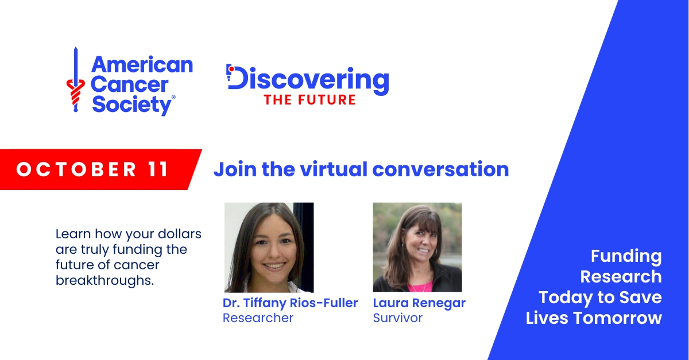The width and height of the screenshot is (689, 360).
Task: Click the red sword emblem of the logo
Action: tap(75, 80)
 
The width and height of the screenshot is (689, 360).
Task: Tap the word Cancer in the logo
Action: tap(130, 84)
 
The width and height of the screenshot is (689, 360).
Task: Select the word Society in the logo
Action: tap(132, 105)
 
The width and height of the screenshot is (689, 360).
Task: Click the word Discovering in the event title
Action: tap(308, 80)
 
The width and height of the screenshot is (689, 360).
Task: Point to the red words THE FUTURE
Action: tap(309, 100)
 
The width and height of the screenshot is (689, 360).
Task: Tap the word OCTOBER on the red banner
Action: tap(76, 169)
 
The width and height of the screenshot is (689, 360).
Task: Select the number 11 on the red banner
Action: tap(158, 169)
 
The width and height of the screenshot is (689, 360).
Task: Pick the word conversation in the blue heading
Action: tap(440, 169)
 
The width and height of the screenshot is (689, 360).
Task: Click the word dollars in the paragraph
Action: tap(180, 234)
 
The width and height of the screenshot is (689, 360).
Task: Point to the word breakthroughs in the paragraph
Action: tap(105, 280)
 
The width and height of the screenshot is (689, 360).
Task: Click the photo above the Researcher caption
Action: tap(269, 247)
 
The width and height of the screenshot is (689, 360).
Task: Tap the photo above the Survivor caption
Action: tap(417, 247)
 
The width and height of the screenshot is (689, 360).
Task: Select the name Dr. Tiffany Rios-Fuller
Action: tap(290, 303)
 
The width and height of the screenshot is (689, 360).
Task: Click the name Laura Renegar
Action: tap(419, 303)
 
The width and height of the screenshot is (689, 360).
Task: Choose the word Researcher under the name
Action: tap(258, 318)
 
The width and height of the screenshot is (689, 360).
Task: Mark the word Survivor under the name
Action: tap(398, 318)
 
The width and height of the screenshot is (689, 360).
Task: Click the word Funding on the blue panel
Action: tap(626, 257)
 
